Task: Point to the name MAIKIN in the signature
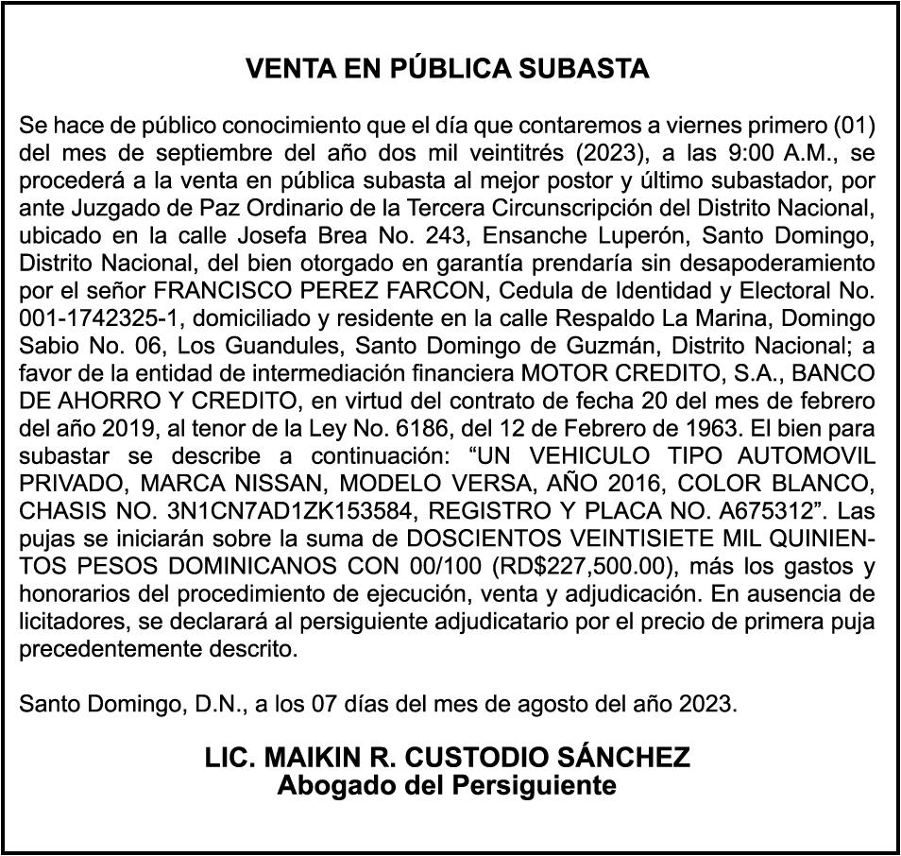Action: (x=309, y=757)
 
